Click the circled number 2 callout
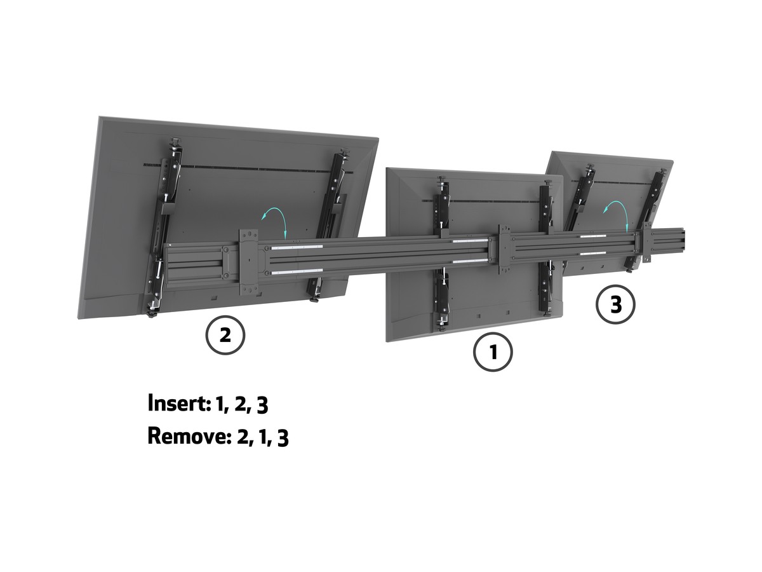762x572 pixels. [x=225, y=335]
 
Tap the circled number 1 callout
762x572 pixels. [x=493, y=352]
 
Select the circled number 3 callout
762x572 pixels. [x=615, y=304]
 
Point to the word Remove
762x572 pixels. [x=189, y=436]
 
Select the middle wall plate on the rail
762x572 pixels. [x=504, y=249]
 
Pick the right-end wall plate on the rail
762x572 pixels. [x=646, y=242]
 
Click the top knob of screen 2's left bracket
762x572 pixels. [x=177, y=142]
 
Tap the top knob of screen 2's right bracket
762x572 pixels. [x=345, y=152]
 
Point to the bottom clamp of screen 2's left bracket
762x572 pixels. [x=153, y=309]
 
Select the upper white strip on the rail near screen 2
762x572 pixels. [x=297, y=247]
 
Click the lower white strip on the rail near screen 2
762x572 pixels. [x=297, y=271]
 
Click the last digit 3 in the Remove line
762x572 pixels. [x=283, y=439]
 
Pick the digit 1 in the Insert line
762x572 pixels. [x=220, y=404]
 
